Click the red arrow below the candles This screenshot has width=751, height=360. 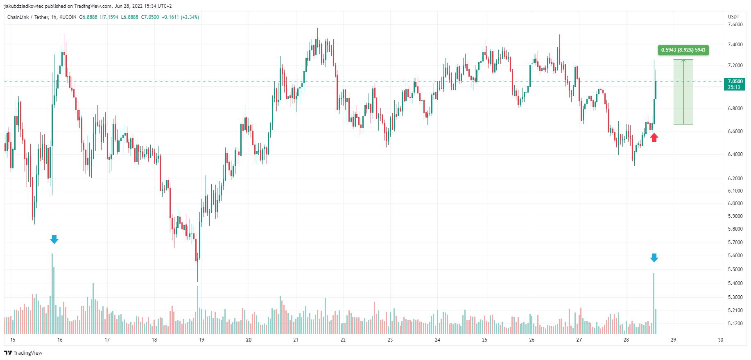[654, 137]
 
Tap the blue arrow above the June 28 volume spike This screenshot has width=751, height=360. [654, 258]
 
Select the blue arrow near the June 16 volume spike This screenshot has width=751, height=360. [54, 239]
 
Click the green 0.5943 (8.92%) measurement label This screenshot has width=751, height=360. [683, 50]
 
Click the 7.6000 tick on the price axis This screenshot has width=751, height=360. [735, 25]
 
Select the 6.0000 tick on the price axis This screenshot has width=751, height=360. [735, 204]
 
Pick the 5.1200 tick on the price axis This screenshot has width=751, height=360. [735, 324]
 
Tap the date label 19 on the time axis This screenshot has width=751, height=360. [201, 340]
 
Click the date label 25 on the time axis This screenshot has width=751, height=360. [484, 340]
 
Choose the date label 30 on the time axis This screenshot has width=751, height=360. [720, 340]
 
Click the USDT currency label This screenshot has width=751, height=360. [733, 17]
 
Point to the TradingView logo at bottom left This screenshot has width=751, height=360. [23, 353]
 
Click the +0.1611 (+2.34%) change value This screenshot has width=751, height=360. [180, 17]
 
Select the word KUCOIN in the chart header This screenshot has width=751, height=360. [68, 17]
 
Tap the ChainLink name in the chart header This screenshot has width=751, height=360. [18, 17]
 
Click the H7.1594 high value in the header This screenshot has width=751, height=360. [109, 17]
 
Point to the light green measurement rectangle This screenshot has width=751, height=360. [683, 92]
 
